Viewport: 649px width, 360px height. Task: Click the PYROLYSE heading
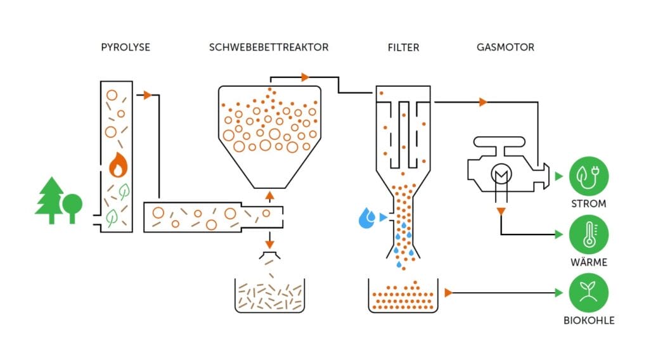(x=125, y=47)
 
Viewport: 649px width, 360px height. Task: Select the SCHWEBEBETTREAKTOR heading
(x=269, y=47)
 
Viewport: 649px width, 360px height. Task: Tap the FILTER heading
(x=403, y=47)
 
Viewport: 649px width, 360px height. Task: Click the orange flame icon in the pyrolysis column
(x=117, y=165)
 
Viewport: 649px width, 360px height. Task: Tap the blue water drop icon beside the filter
(x=366, y=218)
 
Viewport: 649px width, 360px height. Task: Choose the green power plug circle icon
(x=589, y=176)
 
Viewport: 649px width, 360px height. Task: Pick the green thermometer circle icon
(x=589, y=234)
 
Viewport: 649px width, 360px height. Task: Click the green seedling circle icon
(x=589, y=292)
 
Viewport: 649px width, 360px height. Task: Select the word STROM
(x=589, y=204)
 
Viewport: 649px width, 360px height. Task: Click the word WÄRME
(x=589, y=262)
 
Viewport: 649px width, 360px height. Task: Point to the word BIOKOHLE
(x=589, y=320)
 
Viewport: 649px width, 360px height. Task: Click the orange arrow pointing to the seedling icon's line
(x=448, y=292)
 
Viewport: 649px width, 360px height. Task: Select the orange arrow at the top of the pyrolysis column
(x=147, y=95)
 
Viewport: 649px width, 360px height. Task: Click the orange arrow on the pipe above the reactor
(x=305, y=77)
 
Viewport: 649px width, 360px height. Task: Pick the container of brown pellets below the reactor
(x=269, y=295)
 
